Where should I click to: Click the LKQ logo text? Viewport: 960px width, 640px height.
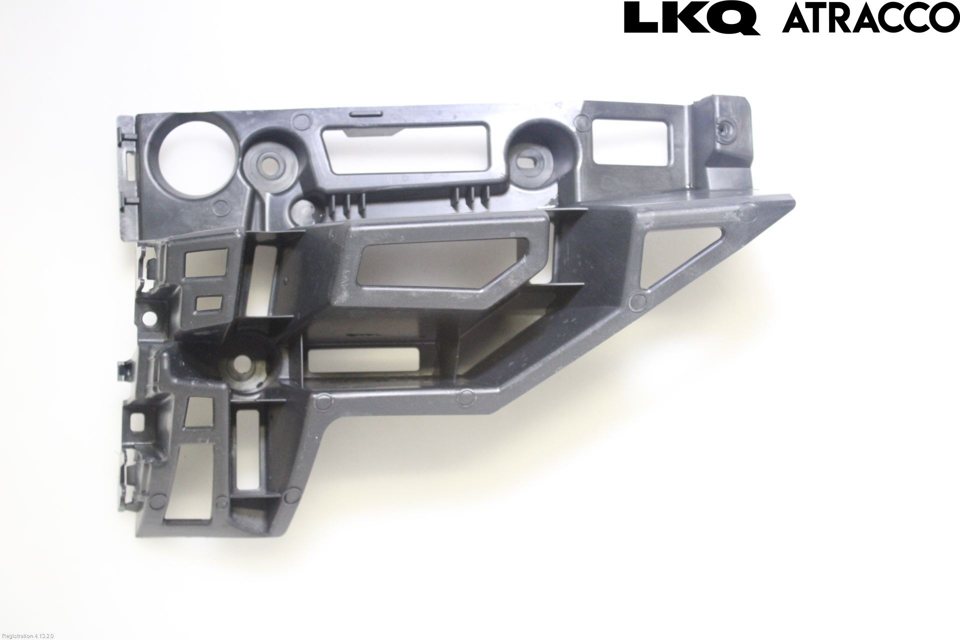(692, 18)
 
